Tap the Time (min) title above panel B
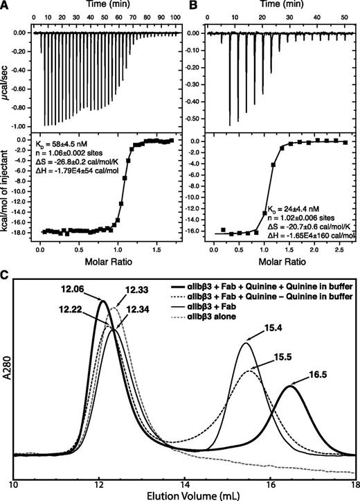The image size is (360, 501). click(280, 5)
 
